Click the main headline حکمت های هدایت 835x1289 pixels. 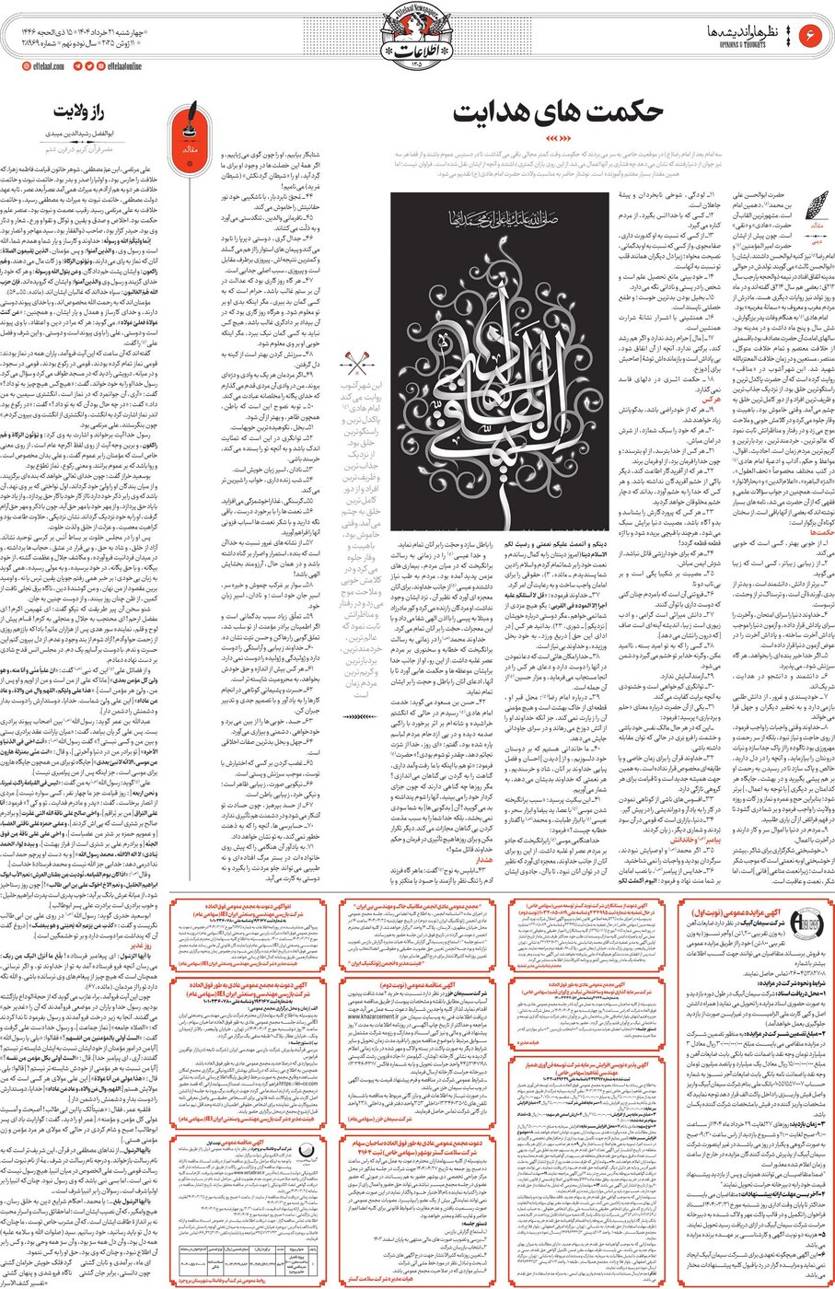pos(557,110)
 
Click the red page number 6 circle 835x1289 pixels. pos(812,34)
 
